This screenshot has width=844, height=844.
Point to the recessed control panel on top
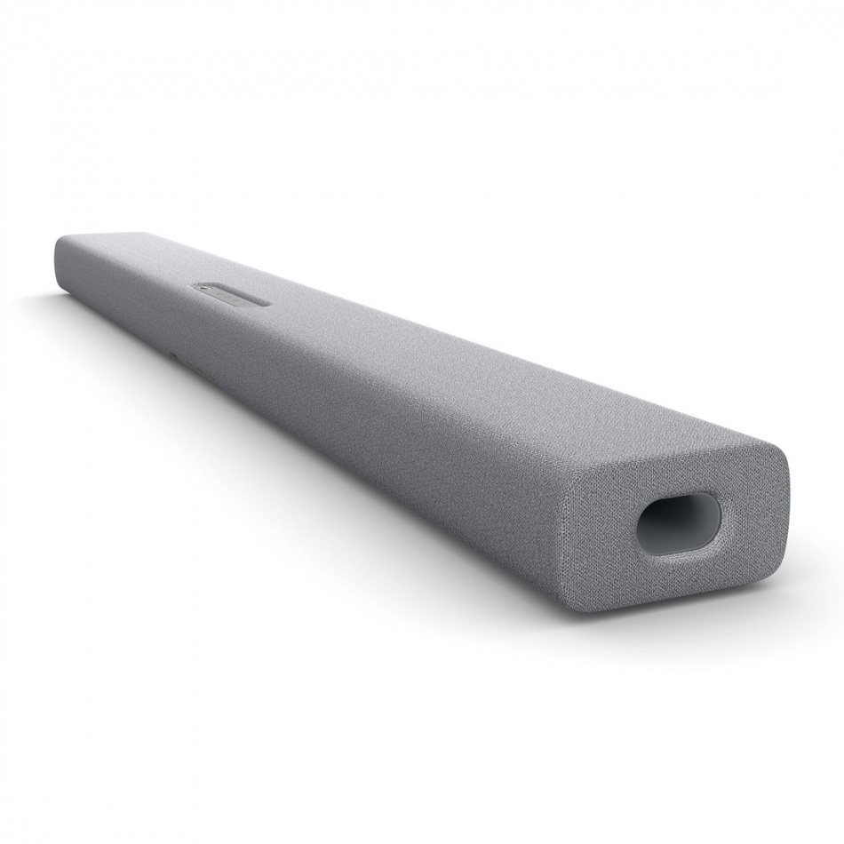tap(229, 295)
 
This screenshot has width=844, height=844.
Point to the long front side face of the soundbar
tap(355, 426)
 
